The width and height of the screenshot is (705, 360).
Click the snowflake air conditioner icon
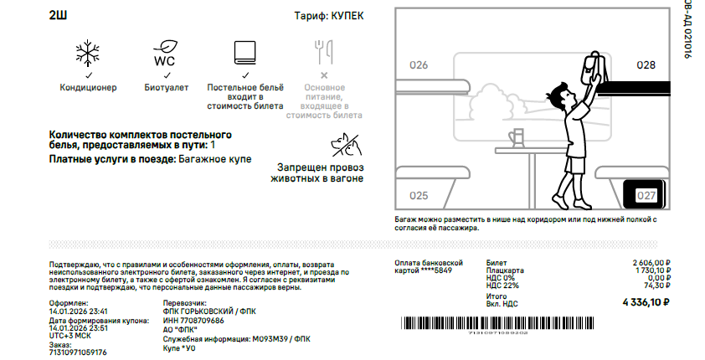(x=87, y=54)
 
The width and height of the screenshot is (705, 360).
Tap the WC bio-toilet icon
(x=165, y=54)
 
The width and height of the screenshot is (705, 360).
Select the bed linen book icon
(x=245, y=53)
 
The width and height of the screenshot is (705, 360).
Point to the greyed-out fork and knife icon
(x=323, y=52)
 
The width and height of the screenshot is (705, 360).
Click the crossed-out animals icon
(x=346, y=145)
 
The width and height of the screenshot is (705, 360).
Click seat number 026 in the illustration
(x=419, y=65)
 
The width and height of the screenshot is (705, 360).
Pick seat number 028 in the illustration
(x=646, y=65)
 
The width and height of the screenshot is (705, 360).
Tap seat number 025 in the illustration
(x=419, y=196)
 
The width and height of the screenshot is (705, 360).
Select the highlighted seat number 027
(x=646, y=196)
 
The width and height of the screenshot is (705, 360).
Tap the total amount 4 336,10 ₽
(x=646, y=302)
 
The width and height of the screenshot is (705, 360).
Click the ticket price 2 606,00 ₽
(x=651, y=263)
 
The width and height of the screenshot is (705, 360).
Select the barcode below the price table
(x=497, y=323)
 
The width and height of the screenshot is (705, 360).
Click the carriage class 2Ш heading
(x=58, y=16)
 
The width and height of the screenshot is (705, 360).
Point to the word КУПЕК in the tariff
(x=347, y=16)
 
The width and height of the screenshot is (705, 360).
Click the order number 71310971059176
(x=78, y=352)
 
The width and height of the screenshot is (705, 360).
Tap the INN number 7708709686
(x=202, y=321)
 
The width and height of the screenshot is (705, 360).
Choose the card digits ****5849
(x=436, y=270)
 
